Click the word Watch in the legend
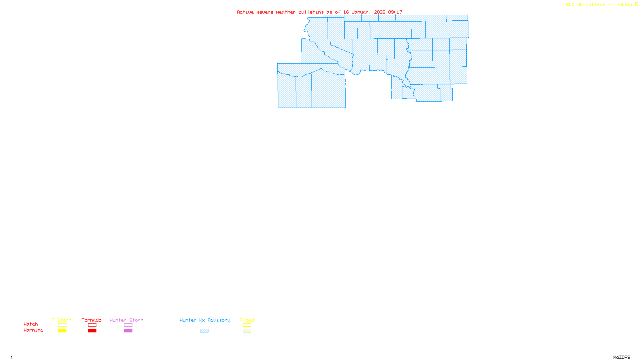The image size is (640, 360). click(x=31, y=324)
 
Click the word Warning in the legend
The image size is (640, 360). click(x=33, y=330)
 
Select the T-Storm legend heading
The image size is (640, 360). click(x=62, y=320)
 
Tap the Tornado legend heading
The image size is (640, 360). click(x=92, y=320)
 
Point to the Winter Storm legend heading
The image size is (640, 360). click(x=126, y=320)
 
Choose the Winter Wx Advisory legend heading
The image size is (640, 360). click(x=205, y=320)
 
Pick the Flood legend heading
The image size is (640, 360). click(x=247, y=320)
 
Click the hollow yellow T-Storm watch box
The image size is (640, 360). click(x=62, y=325)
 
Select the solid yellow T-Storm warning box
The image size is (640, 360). click(x=62, y=331)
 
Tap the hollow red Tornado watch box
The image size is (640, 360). click(x=92, y=325)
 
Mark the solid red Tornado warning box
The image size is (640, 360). click(x=92, y=331)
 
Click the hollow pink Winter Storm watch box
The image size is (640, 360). click(x=128, y=325)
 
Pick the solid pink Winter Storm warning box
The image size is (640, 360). click(x=128, y=331)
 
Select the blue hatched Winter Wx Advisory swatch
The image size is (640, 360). click(x=204, y=331)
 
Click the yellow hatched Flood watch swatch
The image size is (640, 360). click(x=247, y=325)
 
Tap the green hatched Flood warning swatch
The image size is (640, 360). click(x=247, y=331)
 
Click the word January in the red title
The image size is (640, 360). click(x=362, y=12)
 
